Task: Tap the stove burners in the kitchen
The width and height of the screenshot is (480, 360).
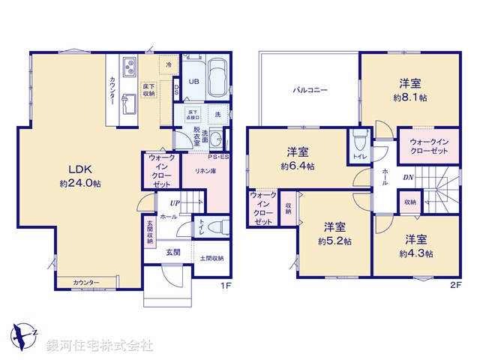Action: tap(127, 68)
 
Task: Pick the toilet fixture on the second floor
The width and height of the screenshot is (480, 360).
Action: tap(358, 141)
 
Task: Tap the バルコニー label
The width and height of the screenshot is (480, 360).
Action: tap(310, 89)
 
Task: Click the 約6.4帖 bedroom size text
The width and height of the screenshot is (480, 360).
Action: tap(298, 166)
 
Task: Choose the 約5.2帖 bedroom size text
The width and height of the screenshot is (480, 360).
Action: tap(334, 241)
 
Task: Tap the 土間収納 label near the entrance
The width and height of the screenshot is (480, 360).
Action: tap(211, 259)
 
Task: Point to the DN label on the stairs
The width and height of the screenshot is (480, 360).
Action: tap(407, 178)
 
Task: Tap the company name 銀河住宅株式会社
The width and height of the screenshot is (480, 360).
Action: tap(100, 345)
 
